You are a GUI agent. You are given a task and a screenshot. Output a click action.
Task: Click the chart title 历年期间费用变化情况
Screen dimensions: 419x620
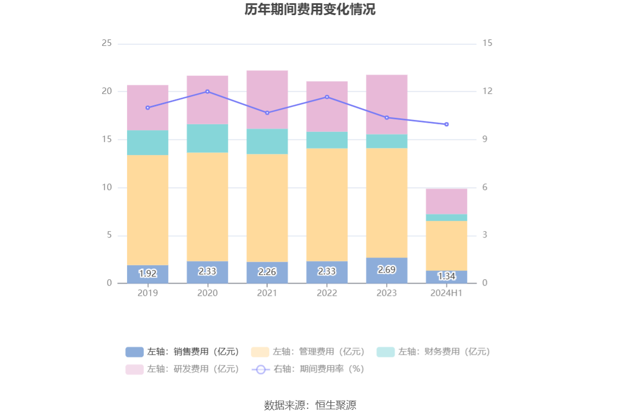pyautogui.click(x=310, y=10)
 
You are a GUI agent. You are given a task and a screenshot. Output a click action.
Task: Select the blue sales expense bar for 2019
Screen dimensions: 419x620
pyautogui.click(x=148, y=274)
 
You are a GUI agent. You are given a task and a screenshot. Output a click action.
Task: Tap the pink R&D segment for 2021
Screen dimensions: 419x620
pyautogui.click(x=267, y=99)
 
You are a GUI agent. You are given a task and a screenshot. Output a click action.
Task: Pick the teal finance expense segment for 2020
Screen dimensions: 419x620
pyautogui.click(x=208, y=138)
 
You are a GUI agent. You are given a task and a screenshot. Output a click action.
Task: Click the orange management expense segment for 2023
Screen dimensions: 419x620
pyautogui.click(x=386, y=202)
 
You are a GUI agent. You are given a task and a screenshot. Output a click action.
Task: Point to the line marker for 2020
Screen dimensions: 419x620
pyautogui.click(x=208, y=92)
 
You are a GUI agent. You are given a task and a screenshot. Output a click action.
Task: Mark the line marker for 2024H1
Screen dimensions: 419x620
pyautogui.click(x=446, y=125)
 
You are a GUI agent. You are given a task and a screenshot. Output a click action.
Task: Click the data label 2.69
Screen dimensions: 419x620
pyautogui.click(x=386, y=269)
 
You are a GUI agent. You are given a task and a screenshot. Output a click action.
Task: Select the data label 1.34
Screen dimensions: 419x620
pyautogui.click(x=446, y=276)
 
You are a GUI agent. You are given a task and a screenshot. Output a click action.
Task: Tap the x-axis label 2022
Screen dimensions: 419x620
pyautogui.click(x=327, y=293)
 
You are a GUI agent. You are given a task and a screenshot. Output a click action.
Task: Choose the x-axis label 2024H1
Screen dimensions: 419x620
pyautogui.click(x=446, y=293)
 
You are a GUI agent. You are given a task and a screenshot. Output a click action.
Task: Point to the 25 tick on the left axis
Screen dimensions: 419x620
pyautogui.click(x=106, y=43)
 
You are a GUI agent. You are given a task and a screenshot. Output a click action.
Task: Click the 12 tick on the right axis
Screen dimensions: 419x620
pyautogui.click(x=488, y=91)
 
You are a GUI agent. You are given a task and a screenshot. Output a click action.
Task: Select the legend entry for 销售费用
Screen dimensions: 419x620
pyautogui.click(x=183, y=352)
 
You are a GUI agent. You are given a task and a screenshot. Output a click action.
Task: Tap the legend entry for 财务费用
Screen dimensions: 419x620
pyautogui.click(x=434, y=352)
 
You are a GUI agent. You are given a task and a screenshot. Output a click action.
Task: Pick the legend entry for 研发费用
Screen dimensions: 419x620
pyautogui.click(x=183, y=369)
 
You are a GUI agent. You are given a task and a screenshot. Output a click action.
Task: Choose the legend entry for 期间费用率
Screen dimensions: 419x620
pyautogui.click(x=308, y=369)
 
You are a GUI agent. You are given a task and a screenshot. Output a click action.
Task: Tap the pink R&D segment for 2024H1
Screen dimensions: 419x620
pyautogui.click(x=446, y=201)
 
